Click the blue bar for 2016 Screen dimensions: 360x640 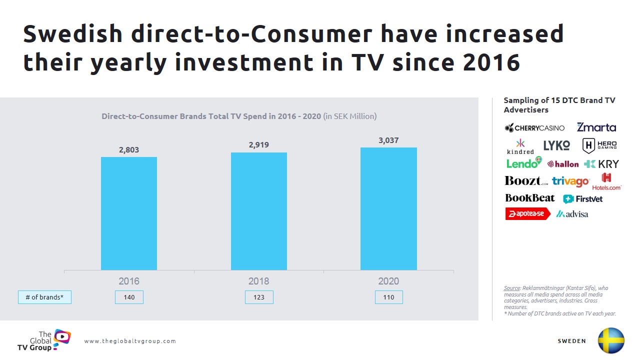[x=129, y=213]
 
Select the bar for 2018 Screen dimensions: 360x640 [x=259, y=211]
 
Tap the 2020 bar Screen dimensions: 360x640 [x=388, y=208]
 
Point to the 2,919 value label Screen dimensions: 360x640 [x=259, y=145]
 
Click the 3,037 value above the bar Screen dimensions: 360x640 [x=388, y=140]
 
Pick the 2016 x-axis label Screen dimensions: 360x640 [x=129, y=281]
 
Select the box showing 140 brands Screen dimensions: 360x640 [x=129, y=297]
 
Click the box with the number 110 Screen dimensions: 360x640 [x=388, y=297]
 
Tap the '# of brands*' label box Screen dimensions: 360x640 [x=44, y=297]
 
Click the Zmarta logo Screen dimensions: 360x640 [x=596, y=127]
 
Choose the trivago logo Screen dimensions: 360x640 [x=570, y=181]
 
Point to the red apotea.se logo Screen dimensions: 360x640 [x=527, y=214]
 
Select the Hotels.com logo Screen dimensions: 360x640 [x=606, y=181]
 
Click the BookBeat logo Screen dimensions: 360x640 [x=529, y=198]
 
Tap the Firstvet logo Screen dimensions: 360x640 [x=582, y=199]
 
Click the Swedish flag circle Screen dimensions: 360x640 [x=611, y=340]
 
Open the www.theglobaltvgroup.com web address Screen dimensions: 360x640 [x=130, y=341]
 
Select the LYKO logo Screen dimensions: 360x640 [x=556, y=145]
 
